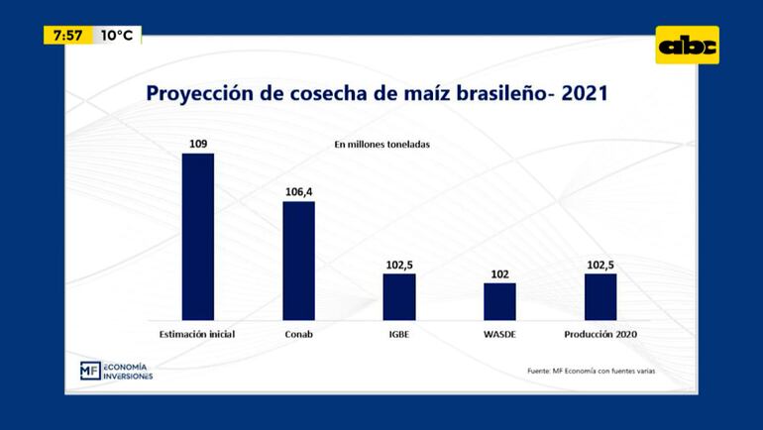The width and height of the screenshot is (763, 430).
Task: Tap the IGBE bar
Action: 399,296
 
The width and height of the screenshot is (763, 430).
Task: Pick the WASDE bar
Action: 499,301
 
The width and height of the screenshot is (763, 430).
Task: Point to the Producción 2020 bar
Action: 600,296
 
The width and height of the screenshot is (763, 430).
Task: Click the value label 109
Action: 198,145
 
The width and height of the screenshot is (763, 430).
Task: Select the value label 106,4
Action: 298,192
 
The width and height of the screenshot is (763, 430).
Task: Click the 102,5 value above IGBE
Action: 399,265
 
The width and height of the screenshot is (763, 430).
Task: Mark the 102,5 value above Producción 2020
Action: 600,265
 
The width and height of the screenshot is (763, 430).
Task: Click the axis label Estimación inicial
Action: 197,334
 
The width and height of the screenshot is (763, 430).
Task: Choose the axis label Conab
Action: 298,334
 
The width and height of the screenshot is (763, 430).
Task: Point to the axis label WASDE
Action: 499,334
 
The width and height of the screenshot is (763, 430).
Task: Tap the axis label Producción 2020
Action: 600,334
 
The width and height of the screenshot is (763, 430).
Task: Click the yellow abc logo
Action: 687,46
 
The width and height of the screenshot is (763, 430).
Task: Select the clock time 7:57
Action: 68,36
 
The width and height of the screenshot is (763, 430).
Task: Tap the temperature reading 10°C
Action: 117,36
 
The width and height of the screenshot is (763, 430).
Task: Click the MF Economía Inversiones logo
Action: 116,371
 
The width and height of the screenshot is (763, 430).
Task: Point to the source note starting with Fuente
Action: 591,372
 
